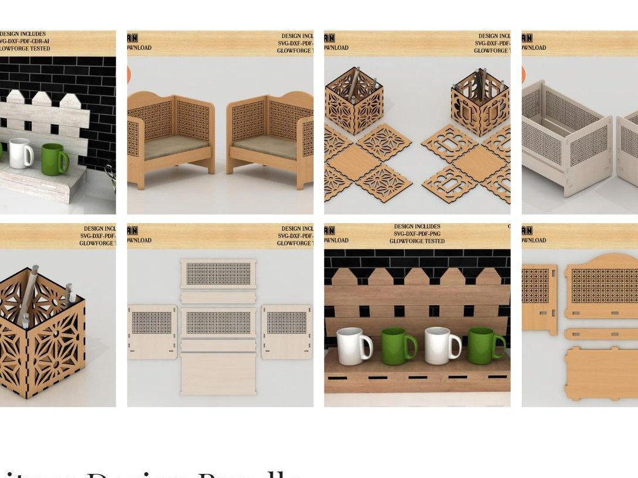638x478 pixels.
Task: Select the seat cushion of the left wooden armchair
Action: click(176, 147)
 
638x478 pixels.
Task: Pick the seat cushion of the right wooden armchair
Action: click(265, 147)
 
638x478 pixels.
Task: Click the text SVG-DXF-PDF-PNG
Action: click(417, 234)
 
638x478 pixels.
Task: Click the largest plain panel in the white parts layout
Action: click(218, 373)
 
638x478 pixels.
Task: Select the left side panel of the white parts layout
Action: click(152, 332)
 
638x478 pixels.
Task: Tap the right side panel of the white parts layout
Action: click(286, 332)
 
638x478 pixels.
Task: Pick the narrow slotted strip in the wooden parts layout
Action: click(602, 334)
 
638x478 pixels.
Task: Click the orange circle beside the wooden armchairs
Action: click(128, 75)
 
